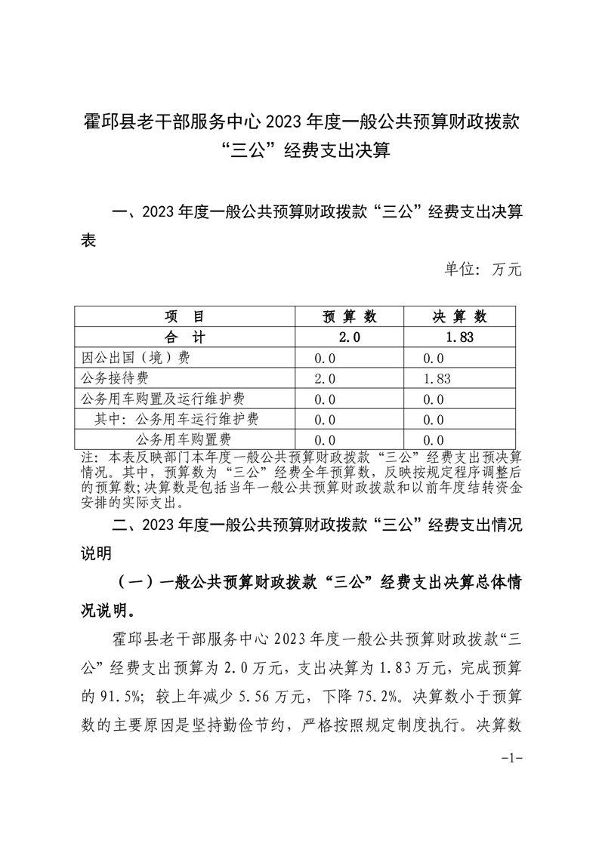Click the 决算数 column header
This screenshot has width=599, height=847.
[459, 316]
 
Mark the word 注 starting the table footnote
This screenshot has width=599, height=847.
[86, 457]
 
